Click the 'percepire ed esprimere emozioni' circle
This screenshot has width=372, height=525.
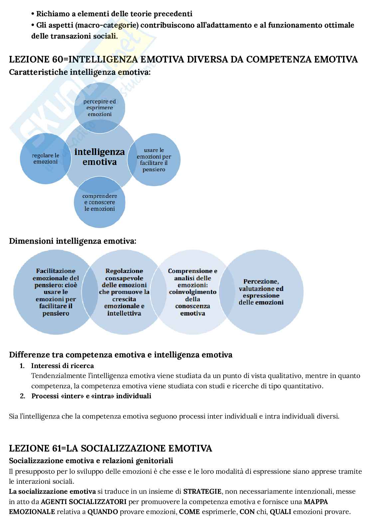99,108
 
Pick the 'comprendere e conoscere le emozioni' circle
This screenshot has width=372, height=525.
99,202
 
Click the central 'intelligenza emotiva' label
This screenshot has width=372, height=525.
99,157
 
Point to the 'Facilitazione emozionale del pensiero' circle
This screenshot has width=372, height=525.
56,292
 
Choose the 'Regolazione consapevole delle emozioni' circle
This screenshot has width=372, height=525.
124,292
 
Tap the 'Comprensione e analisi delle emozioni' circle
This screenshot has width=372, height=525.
192,292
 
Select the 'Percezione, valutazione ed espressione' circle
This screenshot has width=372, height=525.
261,292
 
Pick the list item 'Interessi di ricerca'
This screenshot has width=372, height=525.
63,366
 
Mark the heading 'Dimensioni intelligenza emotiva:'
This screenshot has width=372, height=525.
73,241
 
